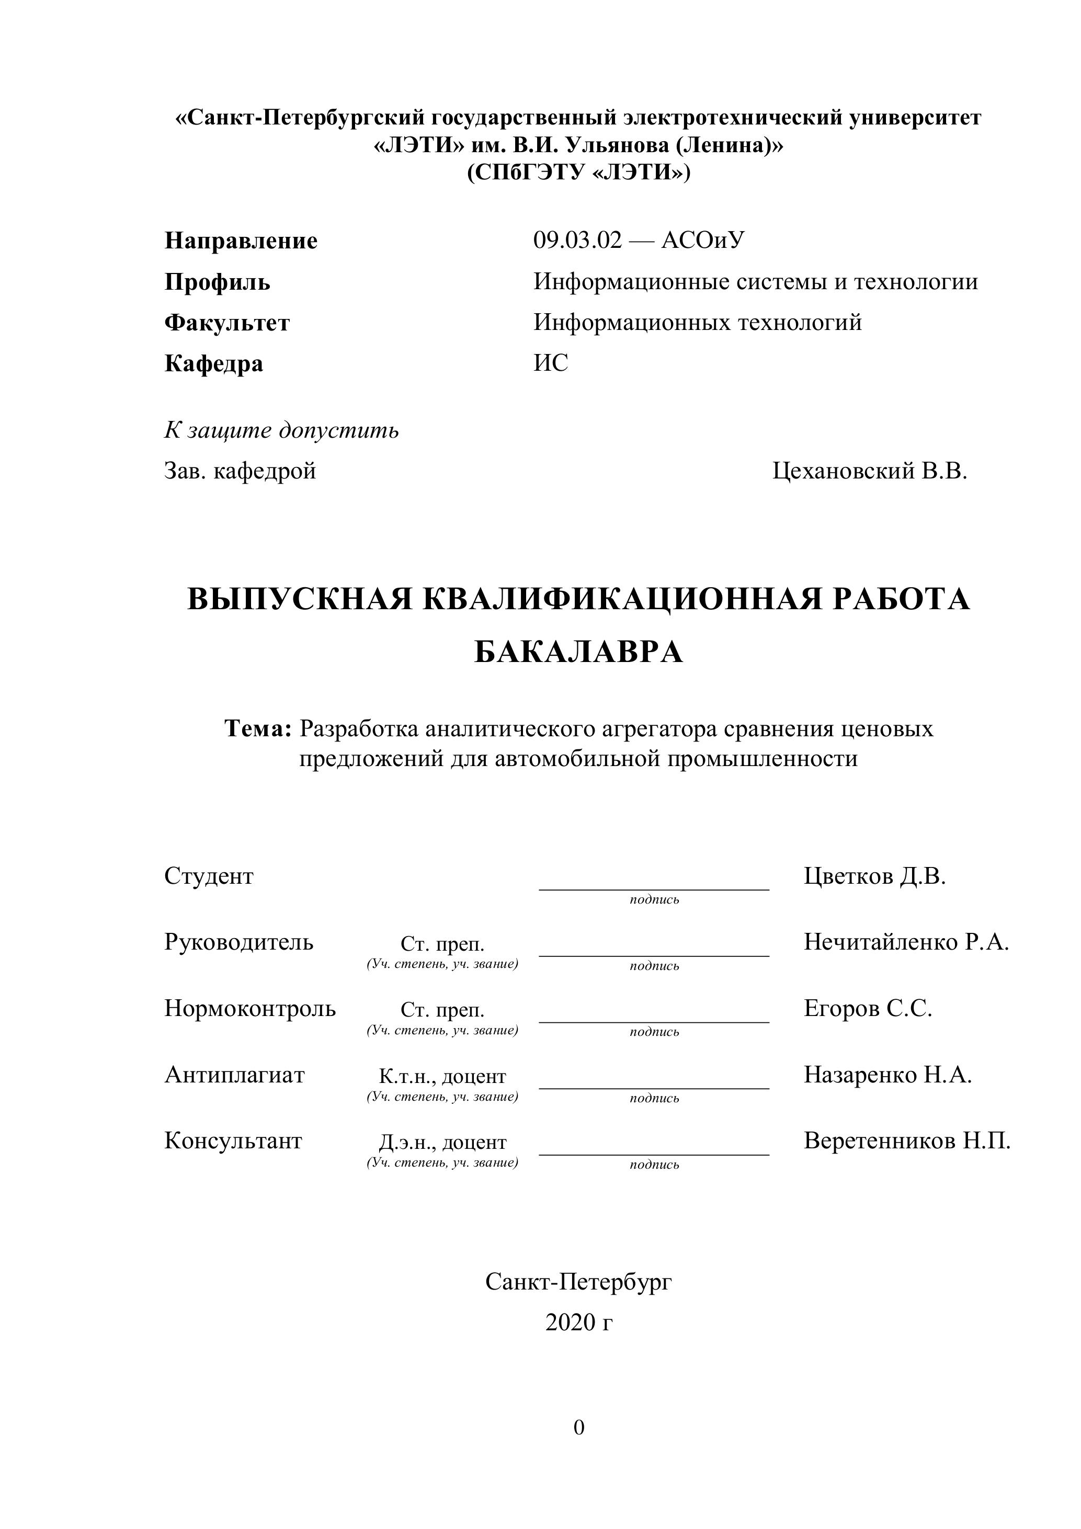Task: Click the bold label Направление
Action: tap(241, 241)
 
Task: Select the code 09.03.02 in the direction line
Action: tap(577, 239)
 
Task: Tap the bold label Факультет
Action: tap(227, 323)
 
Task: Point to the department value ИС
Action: tap(551, 363)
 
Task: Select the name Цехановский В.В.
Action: tap(869, 472)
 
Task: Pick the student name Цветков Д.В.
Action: tap(874, 876)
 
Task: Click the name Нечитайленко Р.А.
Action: tap(906, 942)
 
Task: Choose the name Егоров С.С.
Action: tap(867, 1009)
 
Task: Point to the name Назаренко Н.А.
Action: tap(887, 1075)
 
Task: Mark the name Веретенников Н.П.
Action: tap(906, 1141)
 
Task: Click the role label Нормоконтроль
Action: tap(250, 1009)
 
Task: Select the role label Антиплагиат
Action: tap(234, 1075)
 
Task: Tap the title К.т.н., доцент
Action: tap(442, 1077)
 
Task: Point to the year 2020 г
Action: tap(578, 1322)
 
